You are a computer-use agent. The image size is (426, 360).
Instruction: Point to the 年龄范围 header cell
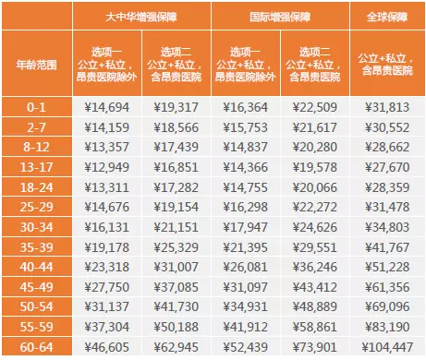(x=38, y=65)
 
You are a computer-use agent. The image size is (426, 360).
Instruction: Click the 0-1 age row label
(x=38, y=108)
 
